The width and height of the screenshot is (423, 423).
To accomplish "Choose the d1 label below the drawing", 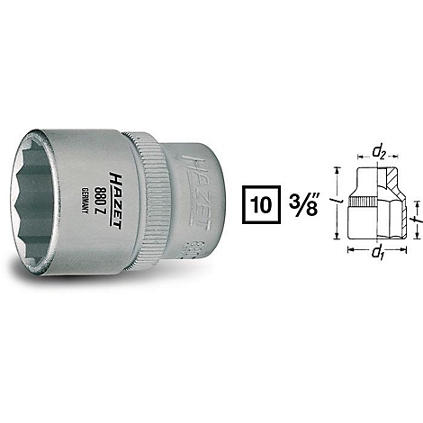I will pos(377,253).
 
